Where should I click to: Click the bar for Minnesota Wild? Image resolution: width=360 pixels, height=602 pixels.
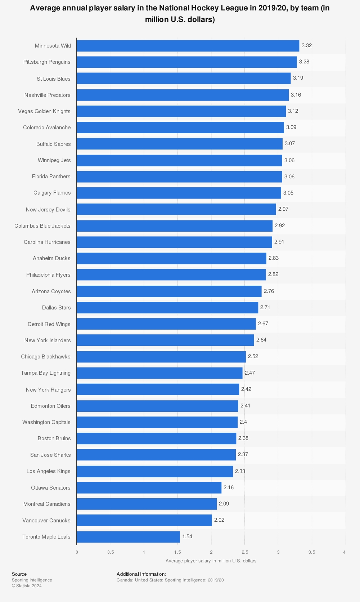point(188,46)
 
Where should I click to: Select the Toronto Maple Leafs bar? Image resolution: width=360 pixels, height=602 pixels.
point(128,537)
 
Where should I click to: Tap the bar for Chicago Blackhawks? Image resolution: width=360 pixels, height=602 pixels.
point(161,357)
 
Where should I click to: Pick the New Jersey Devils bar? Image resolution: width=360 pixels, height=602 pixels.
point(176,209)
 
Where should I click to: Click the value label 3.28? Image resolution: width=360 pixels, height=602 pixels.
point(304,62)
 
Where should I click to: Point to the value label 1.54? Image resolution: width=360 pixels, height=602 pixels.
point(187,536)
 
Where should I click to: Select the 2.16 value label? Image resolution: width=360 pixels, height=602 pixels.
point(229,487)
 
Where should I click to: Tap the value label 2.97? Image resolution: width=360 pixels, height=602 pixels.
point(283,209)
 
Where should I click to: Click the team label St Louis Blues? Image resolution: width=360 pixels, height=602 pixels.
point(54,79)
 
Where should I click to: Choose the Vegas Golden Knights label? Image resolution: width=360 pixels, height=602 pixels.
point(44,111)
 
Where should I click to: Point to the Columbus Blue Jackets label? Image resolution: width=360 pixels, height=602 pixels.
point(42,226)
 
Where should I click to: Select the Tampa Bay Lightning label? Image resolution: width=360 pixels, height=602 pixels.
point(46,373)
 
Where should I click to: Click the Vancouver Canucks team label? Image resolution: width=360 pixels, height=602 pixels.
point(46,521)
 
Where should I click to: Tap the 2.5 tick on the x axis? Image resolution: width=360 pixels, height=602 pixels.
point(245,552)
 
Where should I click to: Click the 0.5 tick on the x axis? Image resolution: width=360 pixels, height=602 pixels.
point(111,552)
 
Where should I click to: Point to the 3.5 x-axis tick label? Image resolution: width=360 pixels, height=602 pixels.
point(312,552)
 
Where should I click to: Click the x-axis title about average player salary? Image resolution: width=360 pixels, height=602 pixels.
point(211,561)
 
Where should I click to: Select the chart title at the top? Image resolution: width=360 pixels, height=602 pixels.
point(180,14)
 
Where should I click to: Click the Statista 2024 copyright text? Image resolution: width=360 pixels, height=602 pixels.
point(27,586)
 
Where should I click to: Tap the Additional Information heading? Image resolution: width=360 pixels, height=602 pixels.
point(141,574)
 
